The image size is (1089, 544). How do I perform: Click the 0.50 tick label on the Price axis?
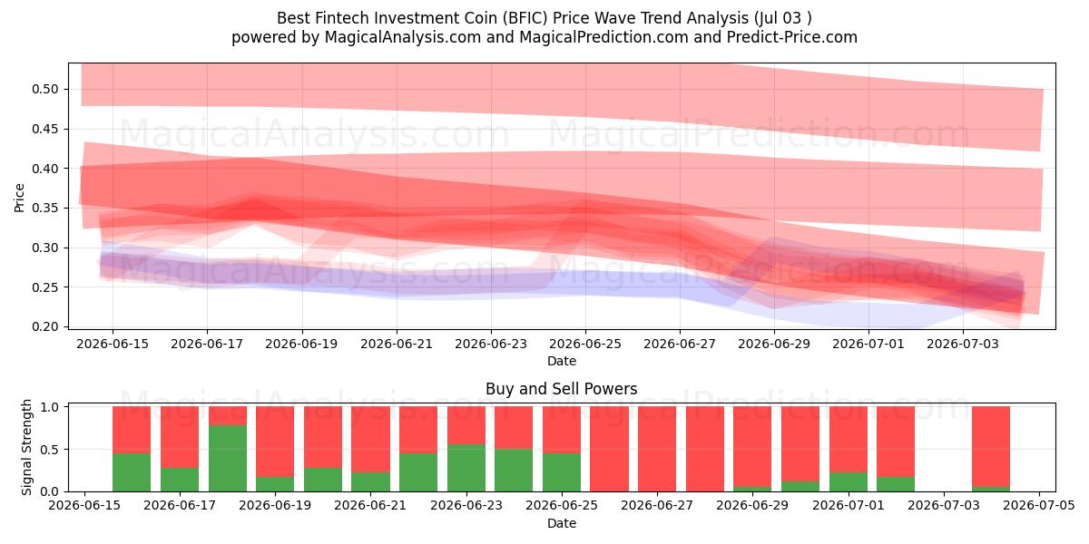pos(44,90)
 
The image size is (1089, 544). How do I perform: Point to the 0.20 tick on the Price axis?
pos(44,327)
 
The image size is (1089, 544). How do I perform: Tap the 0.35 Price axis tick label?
pos(44,209)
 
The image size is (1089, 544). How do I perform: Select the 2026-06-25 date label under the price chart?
pos(584,344)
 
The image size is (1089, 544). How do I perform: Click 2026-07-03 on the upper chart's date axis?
pos(963,344)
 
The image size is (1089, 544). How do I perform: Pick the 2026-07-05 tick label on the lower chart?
pos(1039,505)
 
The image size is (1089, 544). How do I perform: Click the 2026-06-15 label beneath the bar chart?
pos(84,505)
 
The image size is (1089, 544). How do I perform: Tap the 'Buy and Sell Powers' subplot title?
pos(562,389)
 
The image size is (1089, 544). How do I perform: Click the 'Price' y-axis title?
pos(19,198)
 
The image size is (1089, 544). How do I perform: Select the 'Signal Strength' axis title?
pos(26,447)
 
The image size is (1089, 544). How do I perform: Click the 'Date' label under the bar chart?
pos(562,523)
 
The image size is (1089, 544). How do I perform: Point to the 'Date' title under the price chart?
pos(562,361)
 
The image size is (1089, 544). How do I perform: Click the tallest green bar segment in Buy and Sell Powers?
pos(228,458)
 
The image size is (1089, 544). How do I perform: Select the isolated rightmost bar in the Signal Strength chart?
pos(991,449)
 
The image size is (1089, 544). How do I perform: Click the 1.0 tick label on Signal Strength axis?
pos(51,407)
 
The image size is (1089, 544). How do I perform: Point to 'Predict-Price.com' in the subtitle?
pos(792,37)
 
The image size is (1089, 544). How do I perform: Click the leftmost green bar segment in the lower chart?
pos(132,472)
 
